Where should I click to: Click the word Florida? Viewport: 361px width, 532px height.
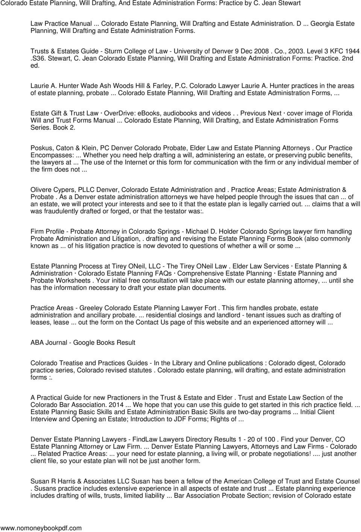(x=338, y=113)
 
